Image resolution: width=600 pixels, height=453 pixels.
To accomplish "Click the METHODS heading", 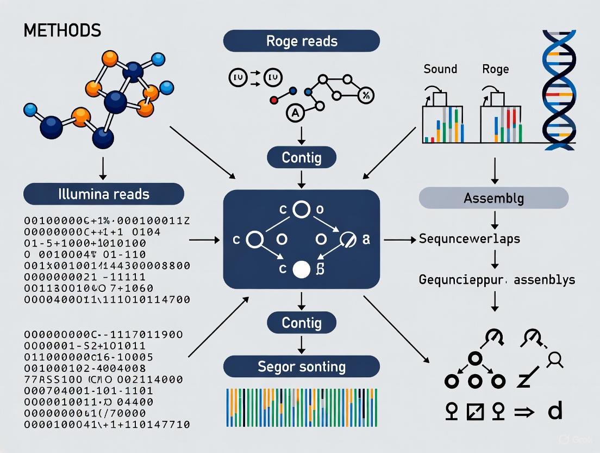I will point(62,30).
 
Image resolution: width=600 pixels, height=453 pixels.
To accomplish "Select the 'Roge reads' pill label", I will point(302,41).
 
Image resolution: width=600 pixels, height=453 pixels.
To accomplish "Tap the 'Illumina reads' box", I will point(103,194).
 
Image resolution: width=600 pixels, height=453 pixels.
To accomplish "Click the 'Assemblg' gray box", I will point(493,198).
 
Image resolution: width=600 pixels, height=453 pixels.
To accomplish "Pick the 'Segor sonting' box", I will point(302,366).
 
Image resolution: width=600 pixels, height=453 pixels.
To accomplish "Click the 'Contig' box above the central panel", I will point(302,158).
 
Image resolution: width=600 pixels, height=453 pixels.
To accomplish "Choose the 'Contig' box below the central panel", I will point(302,323).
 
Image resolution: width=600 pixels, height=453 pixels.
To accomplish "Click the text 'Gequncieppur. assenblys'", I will point(497,280).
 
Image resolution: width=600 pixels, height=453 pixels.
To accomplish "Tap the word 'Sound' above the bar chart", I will point(440,69).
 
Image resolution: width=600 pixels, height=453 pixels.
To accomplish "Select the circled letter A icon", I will point(294,113).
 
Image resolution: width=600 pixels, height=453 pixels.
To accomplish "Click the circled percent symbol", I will point(365,96).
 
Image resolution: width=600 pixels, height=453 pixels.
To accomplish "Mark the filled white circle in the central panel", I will point(301,269).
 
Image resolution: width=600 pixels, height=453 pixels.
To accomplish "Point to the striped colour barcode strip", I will point(302,407).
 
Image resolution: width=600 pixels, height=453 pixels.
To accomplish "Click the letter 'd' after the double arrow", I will point(554,411).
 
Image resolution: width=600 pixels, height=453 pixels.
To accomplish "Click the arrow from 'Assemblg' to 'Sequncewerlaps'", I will point(494,219).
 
